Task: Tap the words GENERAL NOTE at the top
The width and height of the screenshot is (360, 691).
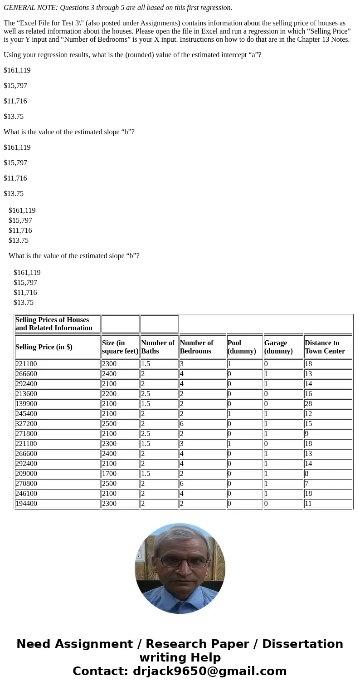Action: pyautogui.click(x=27, y=8)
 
